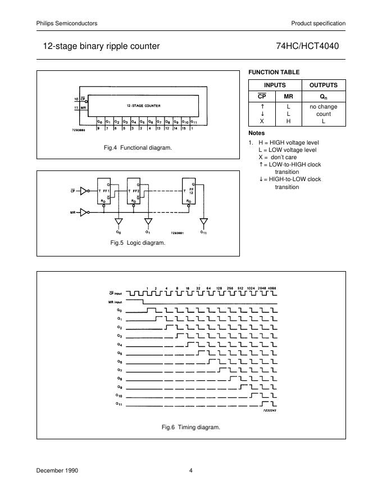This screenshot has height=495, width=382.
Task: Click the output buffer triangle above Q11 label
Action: tap(203, 221)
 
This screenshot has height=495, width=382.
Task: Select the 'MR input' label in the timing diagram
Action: tap(115, 301)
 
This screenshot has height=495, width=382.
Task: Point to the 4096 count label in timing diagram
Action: tap(272, 287)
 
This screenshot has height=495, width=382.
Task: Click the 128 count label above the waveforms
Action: tap(220, 287)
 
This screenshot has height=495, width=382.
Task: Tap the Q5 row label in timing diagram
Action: tap(119, 353)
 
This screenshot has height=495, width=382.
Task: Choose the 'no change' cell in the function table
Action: tap(323, 106)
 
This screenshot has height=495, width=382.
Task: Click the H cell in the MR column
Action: tap(288, 121)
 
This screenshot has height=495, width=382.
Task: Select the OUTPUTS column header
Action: tap(323, 85)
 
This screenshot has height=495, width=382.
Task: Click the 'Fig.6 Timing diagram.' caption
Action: tap(191, 427)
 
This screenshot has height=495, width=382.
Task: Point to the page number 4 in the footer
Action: tap(191, 471)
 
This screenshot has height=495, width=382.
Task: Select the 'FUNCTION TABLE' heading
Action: tap(274, 72)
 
